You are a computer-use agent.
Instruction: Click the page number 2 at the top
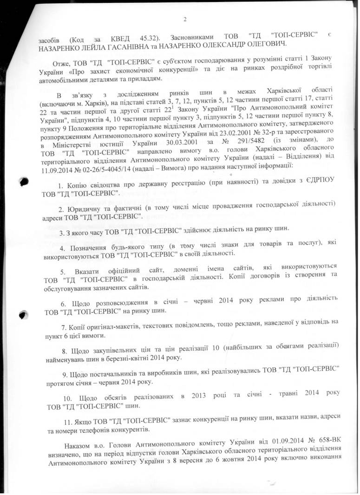click(x=184, y=19)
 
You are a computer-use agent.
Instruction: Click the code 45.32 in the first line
click(x=150, y=35)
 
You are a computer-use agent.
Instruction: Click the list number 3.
click(x=62, y=228)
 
